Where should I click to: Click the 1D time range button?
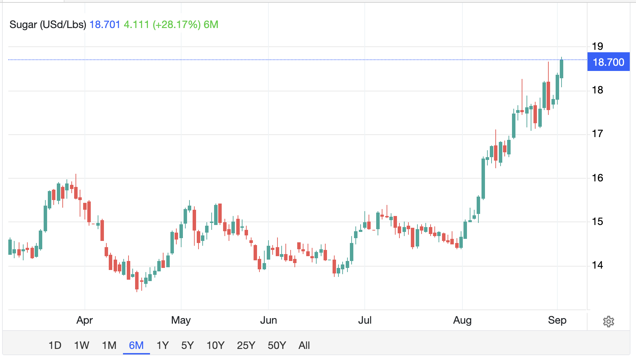pyautogui.click(x=55, y=345)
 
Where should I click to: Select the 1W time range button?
pyautogui.click(x=82, y=345)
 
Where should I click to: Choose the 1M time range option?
pyautogui.click(x=109, y=345)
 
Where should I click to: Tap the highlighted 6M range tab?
pyautogui.click(x=136, y=345)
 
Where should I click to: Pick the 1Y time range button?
pyautogui.click(x=162, y=345)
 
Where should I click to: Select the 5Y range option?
pyautogui.click(x=187, y=345)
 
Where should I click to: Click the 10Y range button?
pyautogui.click(x=215, y=345)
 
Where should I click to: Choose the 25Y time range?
pyautogui.click(x=246, y=345)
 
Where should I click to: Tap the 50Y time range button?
pyautogui.click(x=277, y=345)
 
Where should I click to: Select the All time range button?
pyautogui.click(x=304, y=345)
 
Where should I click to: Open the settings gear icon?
pyautogui.click(x=609, y=322)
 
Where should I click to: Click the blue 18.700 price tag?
pyautogui.click(x=609, y=62)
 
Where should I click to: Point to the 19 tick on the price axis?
pyautogui.click(x=598, y=46)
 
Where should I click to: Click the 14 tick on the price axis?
pyautogui.click(x=598, y=265)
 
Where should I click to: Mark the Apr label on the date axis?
pyautogui.click(x=85, y=320)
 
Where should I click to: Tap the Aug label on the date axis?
pyautogui.click(x=462, y=320)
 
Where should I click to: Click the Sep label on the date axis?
pyautogui.click(x=557, y=320)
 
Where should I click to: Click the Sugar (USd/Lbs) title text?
pyautogui.click(x=48, y=25)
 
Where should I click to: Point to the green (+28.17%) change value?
pyautogui.click(x=177, y=25)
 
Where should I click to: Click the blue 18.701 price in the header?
pyautogui.click(x=105, y=25)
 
